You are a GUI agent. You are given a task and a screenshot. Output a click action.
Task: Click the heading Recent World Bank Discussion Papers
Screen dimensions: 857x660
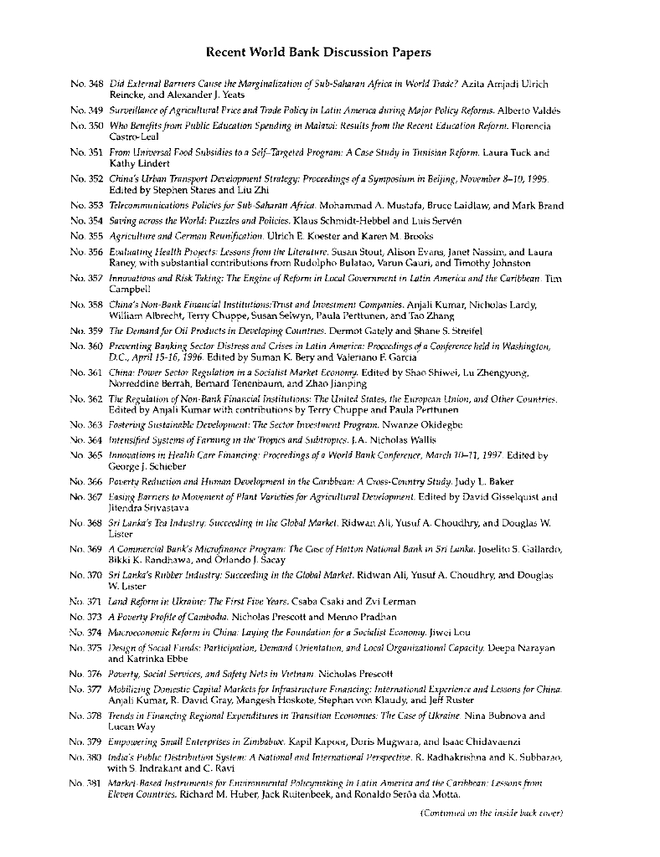[318, 53]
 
